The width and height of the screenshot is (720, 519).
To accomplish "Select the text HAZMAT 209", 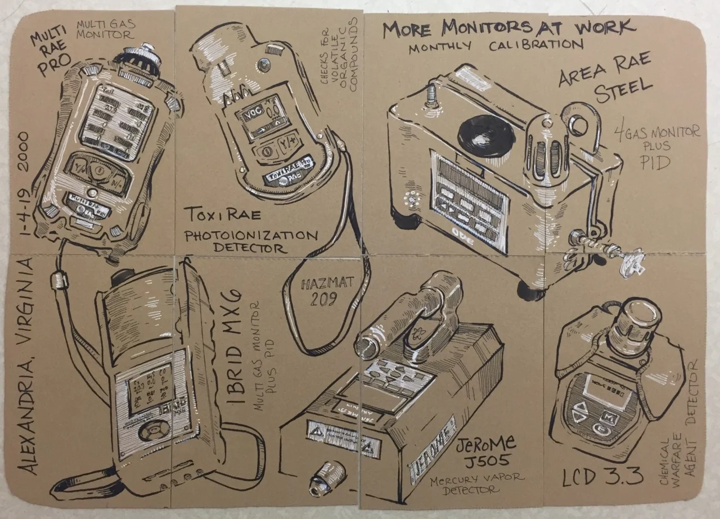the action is pos(327,290).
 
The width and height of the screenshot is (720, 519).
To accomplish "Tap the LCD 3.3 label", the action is pos(602,477).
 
